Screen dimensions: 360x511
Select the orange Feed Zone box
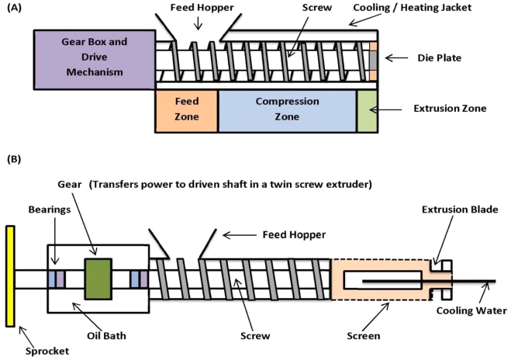coord(186,109)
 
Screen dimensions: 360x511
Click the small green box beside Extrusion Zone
coord(367,109)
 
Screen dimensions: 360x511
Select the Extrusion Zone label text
coord(450,109)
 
